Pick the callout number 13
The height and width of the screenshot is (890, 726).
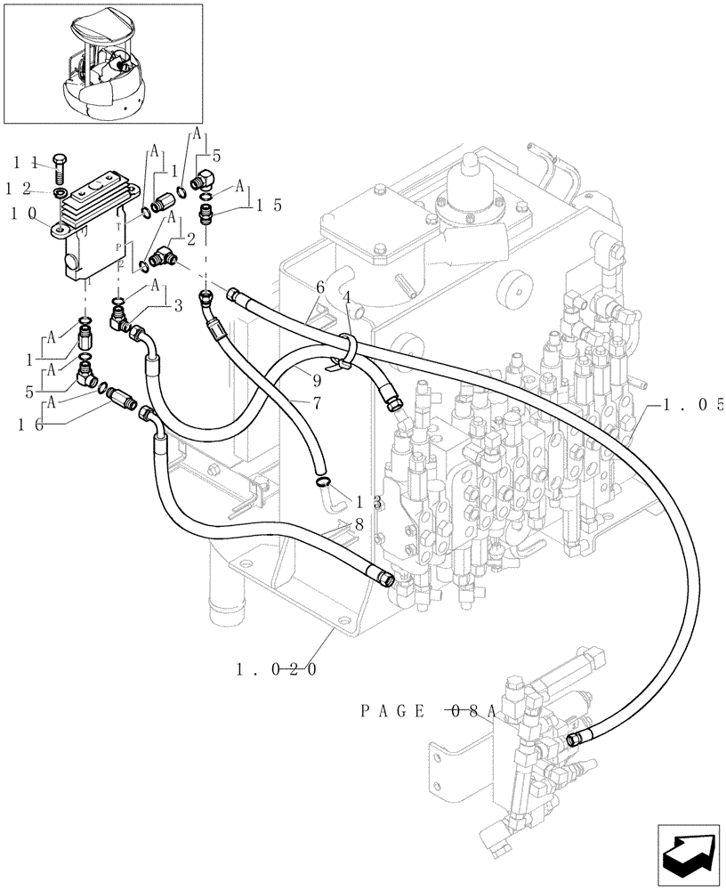tap(377, 502)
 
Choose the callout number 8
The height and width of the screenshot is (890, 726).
tap(359, 525)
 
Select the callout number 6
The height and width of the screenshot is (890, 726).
tap(319, 287)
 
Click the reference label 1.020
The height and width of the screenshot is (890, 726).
tap(277, 668)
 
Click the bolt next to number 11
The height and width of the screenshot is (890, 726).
tap(59, 168)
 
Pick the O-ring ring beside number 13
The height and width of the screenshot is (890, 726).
tap(325, 483)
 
